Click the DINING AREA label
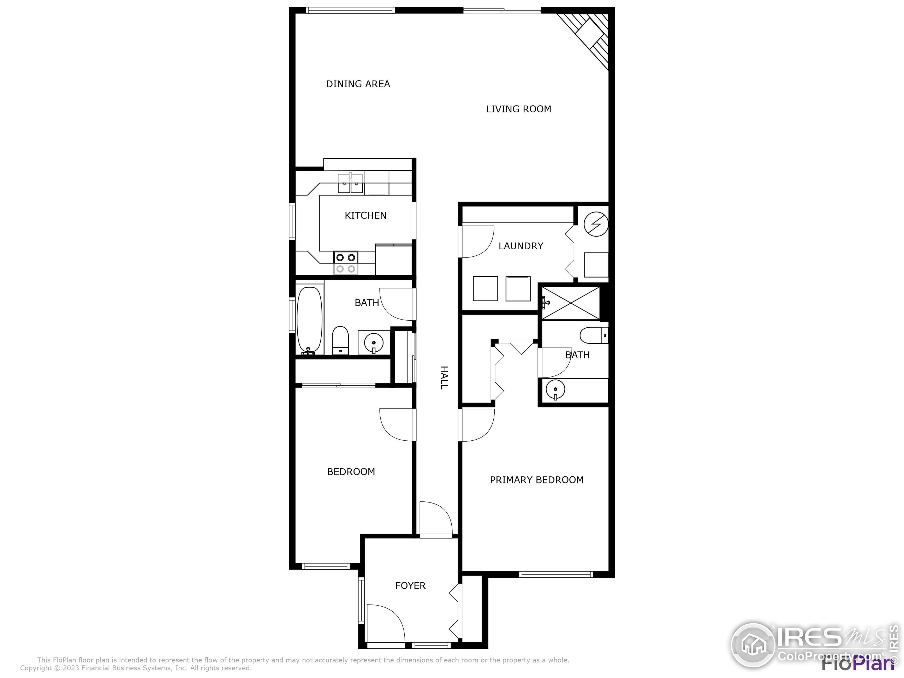point(358,84)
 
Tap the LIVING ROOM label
point(518,109)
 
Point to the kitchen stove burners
point(346,263)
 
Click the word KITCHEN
point(365,216)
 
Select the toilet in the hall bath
point(340,340)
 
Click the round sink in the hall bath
point(374,341)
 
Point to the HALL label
point(444,377)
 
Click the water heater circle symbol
point(596,224)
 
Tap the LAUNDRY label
point(521,246)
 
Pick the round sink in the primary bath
point(555,389)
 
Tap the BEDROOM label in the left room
point(351,472)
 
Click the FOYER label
point(410,585)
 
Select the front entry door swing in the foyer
point(384,624)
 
